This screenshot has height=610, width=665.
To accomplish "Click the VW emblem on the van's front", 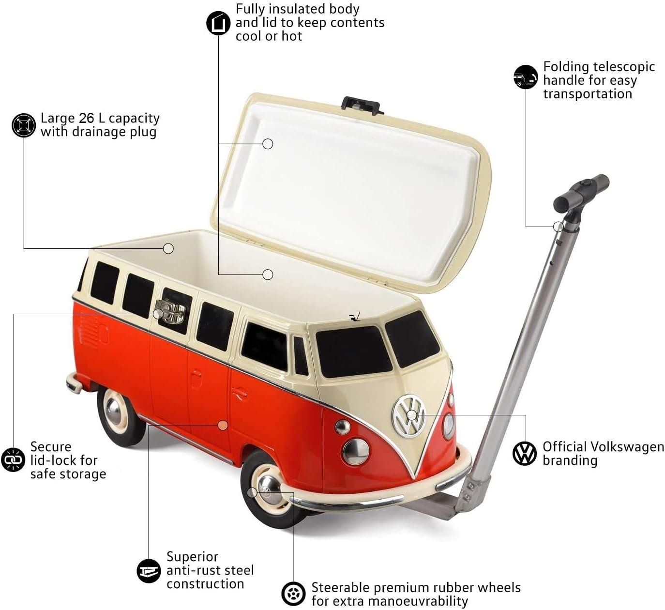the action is pos(408,415).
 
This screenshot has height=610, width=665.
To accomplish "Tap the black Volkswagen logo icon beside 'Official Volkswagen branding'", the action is pos(524,453).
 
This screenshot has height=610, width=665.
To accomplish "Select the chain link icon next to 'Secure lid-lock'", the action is pos(13,459).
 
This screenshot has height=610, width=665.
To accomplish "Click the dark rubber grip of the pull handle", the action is pos(581,191).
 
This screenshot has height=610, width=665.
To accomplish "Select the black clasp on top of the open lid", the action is pos(363,105).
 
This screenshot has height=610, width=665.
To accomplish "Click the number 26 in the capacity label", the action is pos(86,118).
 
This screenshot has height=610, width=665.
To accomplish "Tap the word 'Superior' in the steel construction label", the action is pos(193,557).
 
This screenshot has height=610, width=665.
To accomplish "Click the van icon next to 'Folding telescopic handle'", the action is pos(526,77).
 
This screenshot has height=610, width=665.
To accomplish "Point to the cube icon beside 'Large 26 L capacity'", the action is pos(24,125).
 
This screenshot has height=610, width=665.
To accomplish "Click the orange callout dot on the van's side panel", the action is pos(223,425).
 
